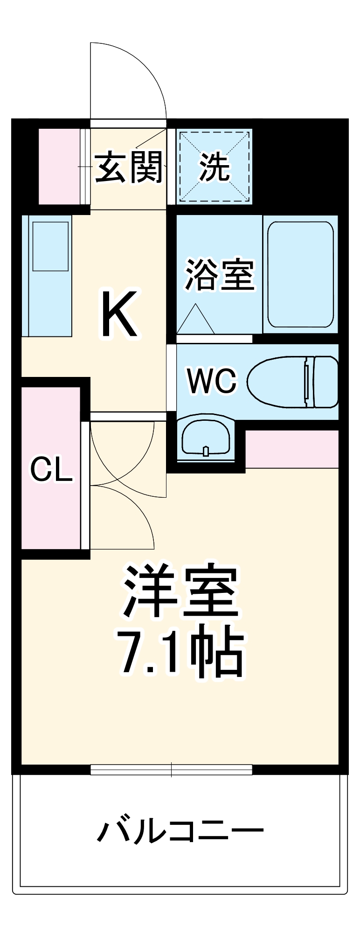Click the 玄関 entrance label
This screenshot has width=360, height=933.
click(129, 167)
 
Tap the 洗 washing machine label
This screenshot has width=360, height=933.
click(215, 167)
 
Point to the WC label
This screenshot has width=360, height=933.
click(212, 381)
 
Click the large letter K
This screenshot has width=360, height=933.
click(120, 314)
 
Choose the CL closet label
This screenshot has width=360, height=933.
click(51, 469)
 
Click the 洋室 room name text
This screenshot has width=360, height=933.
click(180, 591)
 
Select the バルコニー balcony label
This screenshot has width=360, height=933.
click(180, 830)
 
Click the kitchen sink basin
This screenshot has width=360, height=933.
click(50, 246)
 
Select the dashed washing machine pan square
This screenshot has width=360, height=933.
click(215, 166)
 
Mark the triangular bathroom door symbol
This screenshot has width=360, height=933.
click(195, 320)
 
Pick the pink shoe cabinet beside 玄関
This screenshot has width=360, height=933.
click(59, 166)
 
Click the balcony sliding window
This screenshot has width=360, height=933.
click(171, 770)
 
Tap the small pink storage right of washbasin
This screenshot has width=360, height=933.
click(292, 449)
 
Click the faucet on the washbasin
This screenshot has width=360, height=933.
click(206, 451)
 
